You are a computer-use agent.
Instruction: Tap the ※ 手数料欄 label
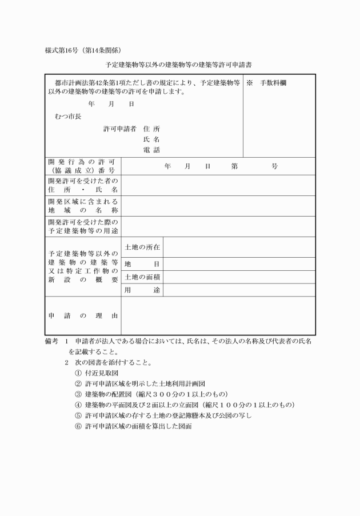point(267,83)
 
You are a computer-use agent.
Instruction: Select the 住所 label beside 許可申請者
point(151,129)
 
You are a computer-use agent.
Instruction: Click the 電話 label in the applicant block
point(151,150)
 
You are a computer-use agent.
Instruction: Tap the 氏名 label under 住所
point(151,139)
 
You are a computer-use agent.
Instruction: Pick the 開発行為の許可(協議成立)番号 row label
point(83,166)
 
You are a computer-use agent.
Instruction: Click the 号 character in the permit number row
point(274,166)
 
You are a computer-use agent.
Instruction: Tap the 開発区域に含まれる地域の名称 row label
point(83,206)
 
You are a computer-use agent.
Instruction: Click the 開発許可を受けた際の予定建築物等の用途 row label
point(83,226)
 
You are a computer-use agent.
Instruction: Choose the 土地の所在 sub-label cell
point(142,247)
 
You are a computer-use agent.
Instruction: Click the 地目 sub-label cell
point(142,264)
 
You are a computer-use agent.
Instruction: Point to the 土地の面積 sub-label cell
point(142,277)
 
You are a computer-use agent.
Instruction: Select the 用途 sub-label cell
point(142,290)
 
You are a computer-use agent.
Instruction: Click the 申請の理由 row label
point(83,315)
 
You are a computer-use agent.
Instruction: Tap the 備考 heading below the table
point(51,341)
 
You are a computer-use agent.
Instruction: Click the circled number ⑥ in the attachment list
point(78,426)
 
